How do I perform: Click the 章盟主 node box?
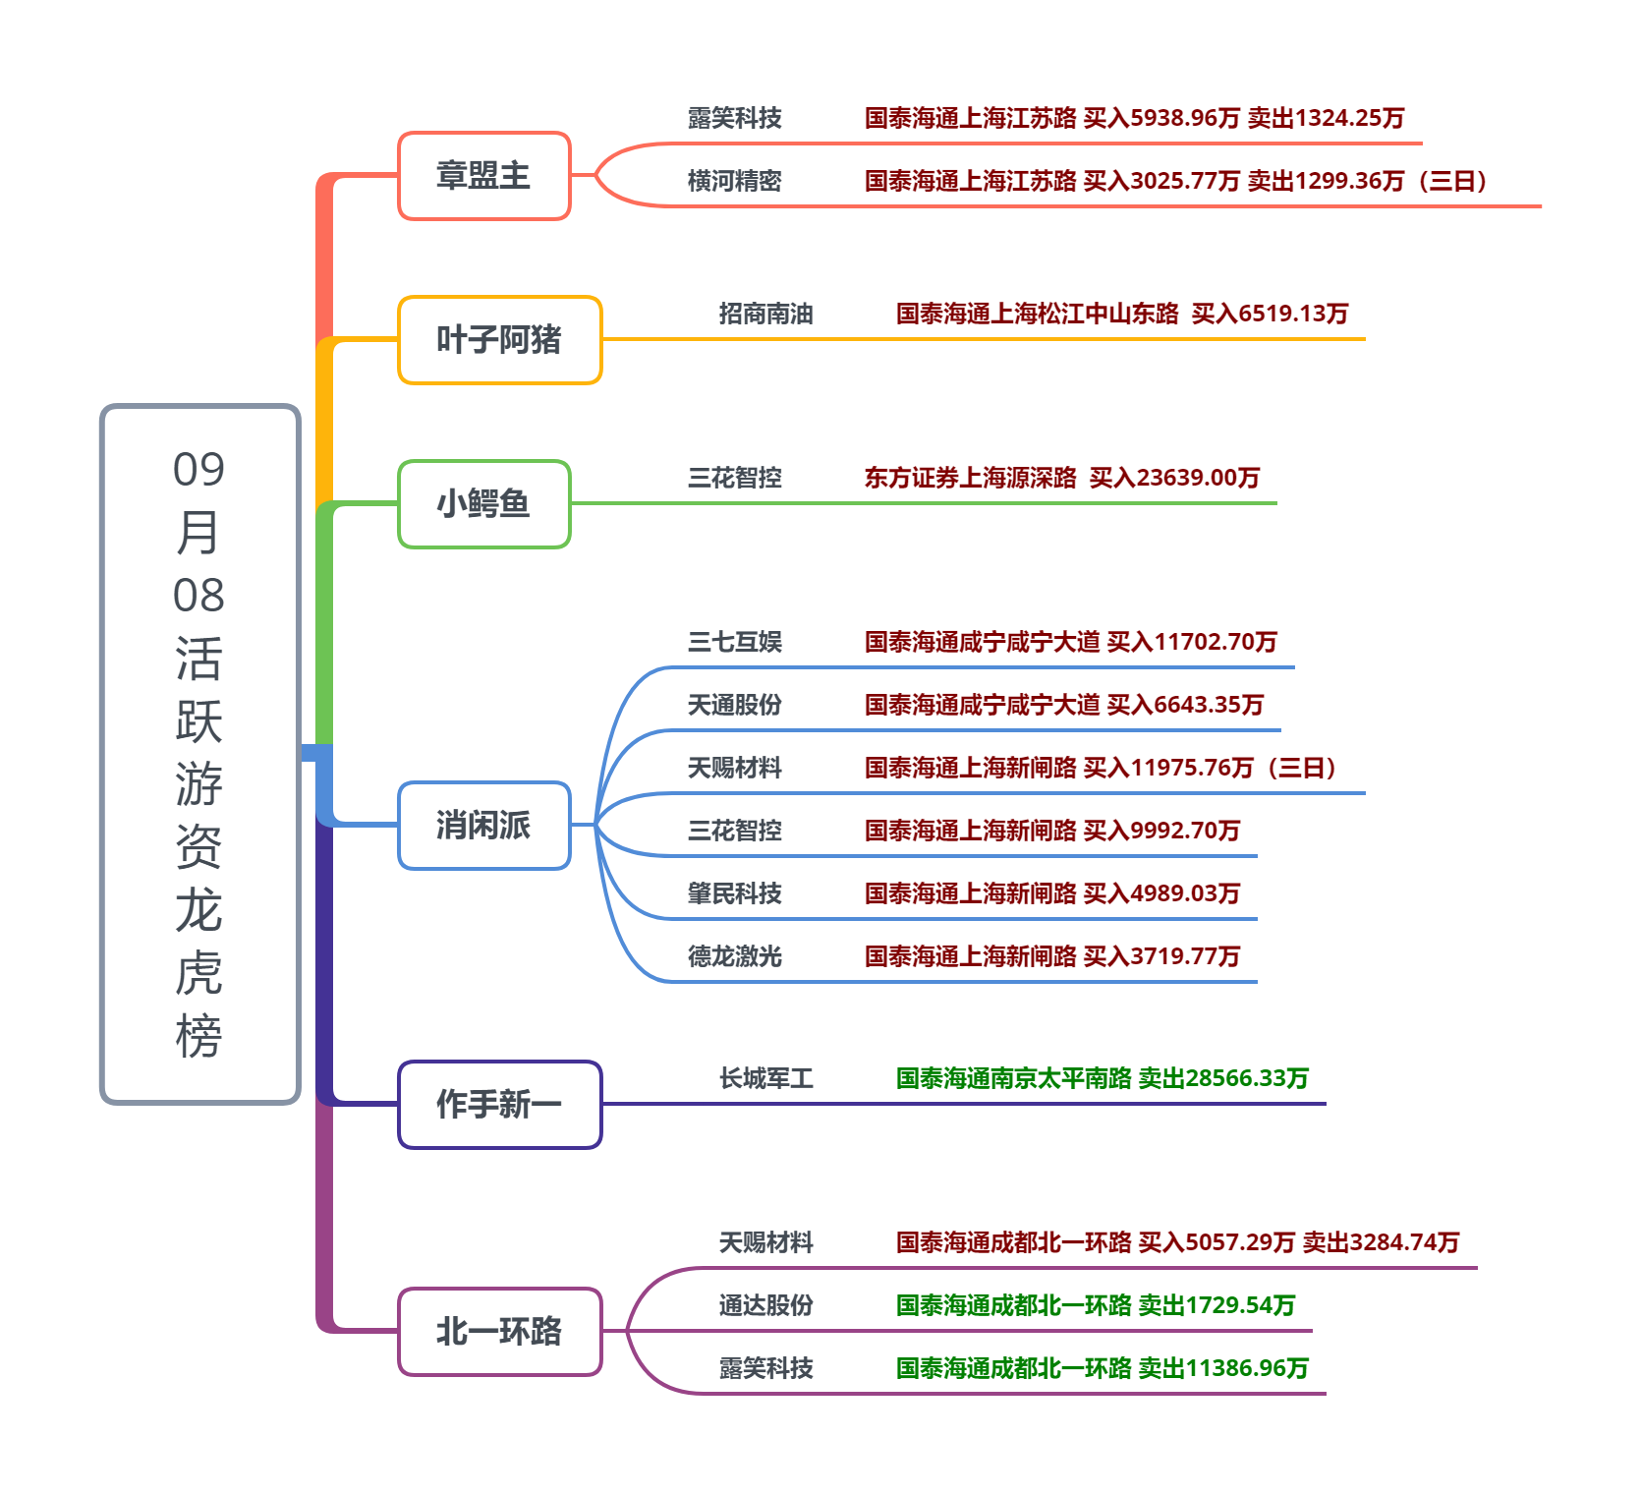point(483,176)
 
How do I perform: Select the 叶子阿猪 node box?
point(499,340)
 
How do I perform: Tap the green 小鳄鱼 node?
point(483,504)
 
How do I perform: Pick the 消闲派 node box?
point(483,826)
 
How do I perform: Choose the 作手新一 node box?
point(499,1105)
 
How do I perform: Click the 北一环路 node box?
point(499,1332)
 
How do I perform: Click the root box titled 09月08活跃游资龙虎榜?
point(199,754)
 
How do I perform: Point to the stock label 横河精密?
point(734,181)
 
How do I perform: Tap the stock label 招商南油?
point(765,314)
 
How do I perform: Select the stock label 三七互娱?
point(734,642)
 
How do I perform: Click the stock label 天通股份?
point(734,705)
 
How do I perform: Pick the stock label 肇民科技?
point(734,893)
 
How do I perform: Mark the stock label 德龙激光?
point(734,956)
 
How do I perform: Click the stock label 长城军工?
point(765,1078)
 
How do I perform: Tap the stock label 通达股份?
point(765,1305)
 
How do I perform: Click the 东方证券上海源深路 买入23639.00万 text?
point(1061,478)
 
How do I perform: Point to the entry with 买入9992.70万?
point(1051,831)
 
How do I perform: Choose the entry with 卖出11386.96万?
point(1102,1368)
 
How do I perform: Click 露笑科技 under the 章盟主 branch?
point(734,118)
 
